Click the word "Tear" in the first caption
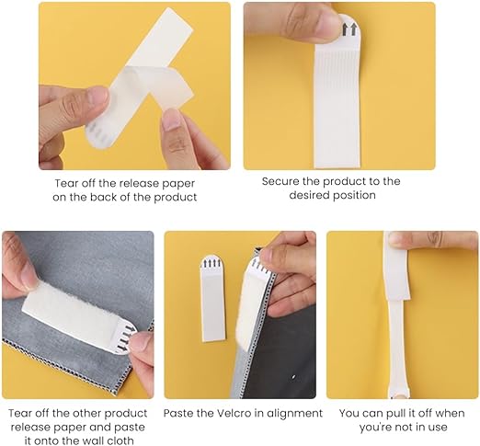pos(65,183)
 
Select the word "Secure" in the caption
pos(280,181)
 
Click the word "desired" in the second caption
pos(309,195)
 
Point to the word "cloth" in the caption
pos(119,440)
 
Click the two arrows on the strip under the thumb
pos(349,29)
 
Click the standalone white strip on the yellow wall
pos(213,298)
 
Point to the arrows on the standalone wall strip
pos(211,263)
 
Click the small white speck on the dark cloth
pos(293,377)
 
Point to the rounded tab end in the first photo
pos(99,135)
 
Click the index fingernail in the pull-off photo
pos(398,240)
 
